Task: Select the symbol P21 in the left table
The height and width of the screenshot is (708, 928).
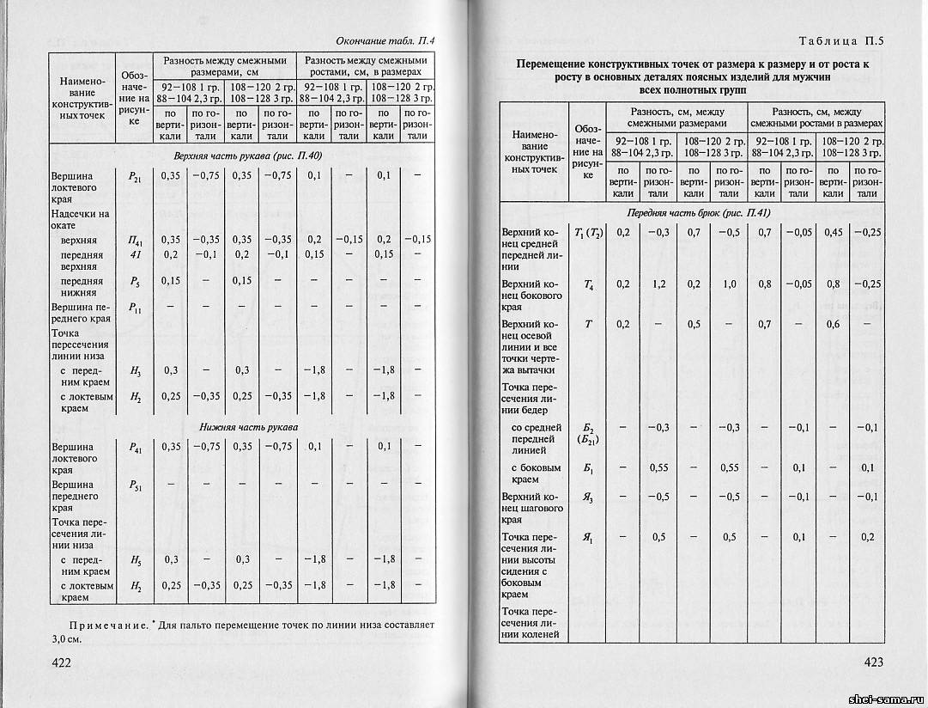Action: pos(134,176)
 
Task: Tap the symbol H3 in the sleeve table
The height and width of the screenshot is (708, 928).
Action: pos(135,369)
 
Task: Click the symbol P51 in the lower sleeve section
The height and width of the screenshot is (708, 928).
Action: pos(135,485)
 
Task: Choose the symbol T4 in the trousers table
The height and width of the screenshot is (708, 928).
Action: pos(588,284)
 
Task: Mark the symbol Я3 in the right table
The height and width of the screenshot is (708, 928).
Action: pos(588,497)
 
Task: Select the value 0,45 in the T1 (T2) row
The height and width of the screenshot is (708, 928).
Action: pos(833,231)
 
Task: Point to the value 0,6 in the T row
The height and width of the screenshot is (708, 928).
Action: pos(833,324)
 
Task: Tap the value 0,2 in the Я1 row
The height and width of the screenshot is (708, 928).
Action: pos(867,537)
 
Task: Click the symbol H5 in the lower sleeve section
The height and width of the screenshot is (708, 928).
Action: pos(135,560)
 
